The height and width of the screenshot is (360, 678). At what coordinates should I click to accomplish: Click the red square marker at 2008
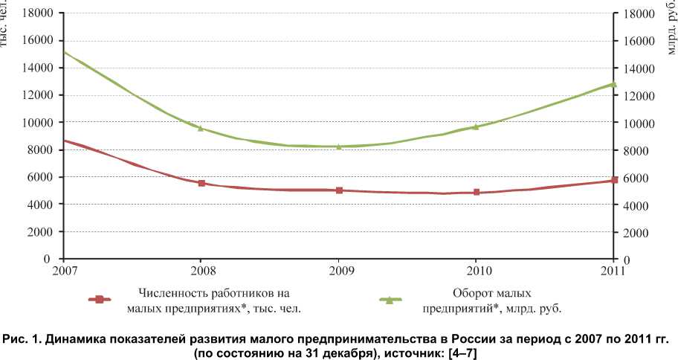pyautogui.click(x=201, y=182)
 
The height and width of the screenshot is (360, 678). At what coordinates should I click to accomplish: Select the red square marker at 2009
pyautogui.click(x=339, y=190)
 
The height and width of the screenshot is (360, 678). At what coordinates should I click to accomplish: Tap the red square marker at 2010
pyautogui.click(x=477, y=192)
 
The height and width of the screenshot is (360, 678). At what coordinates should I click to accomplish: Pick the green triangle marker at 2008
pyautogui.click(x=201, y=128)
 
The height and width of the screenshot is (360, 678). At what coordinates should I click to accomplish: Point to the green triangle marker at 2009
pyautogui.click(x=339, y=146)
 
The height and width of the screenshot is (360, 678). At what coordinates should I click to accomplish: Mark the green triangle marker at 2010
pyautogui.click(x=477, y=126)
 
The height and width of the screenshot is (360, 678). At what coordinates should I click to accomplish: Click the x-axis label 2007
pyautogui.click(x=64, y=269)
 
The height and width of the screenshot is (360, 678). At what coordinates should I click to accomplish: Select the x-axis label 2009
pyautogui.click(x=339, y=269)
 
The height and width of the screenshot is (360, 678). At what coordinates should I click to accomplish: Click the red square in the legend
pyautogui.click(x=97, y=299)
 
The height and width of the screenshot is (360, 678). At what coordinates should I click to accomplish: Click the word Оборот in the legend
pyautogui.click(x=470, y=292)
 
